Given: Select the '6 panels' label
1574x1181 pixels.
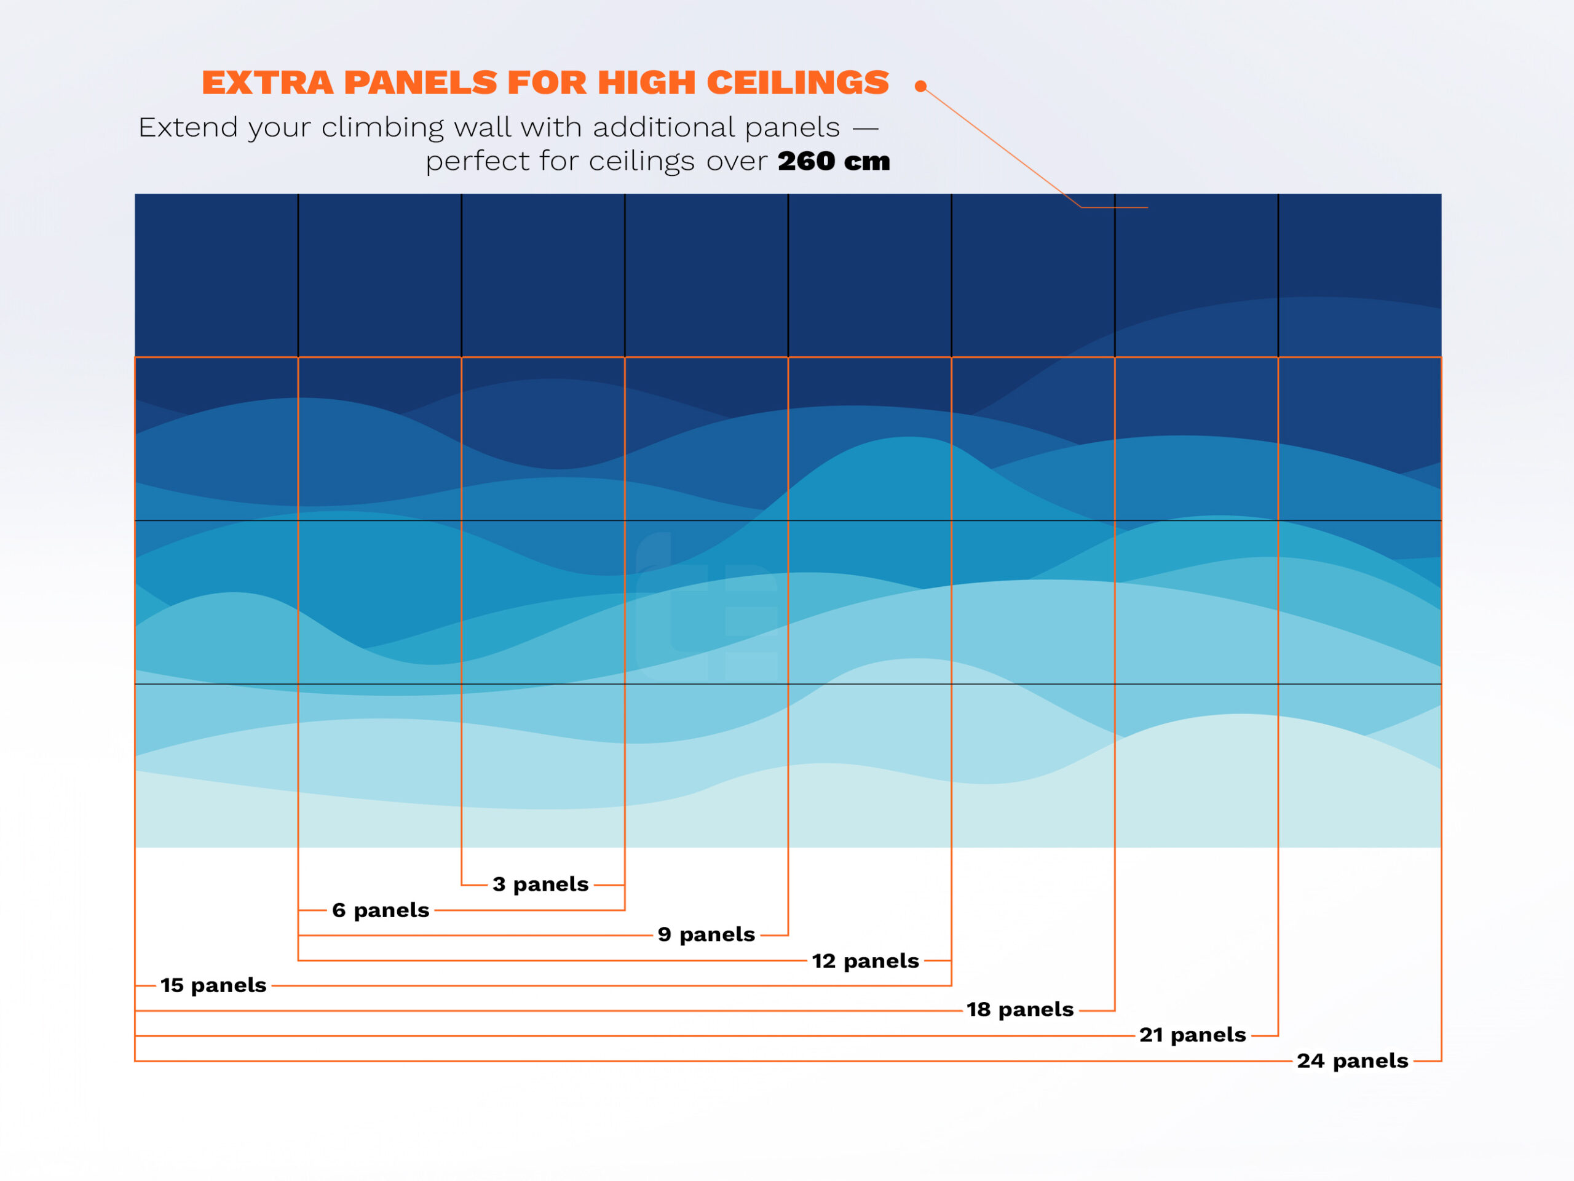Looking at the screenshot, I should coord(380,910).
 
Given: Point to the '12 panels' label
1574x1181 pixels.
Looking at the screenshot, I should coord(865,960).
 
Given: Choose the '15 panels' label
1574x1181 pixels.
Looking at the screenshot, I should coord(213,985).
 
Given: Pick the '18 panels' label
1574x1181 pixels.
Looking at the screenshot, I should coord(1019,1009).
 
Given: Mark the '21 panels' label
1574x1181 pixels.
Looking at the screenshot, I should coord(1192,1035).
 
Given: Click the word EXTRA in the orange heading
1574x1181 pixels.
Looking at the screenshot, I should coord(267,82).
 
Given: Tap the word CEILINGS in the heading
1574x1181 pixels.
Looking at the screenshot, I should coord(797,82).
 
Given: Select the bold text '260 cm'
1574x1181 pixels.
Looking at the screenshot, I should coord(833,161).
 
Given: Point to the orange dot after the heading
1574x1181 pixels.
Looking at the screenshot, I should coord(921,86).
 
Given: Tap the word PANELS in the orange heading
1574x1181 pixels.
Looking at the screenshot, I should coord(421,82).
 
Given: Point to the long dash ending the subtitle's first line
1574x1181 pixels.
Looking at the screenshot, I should coord(865,128).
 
